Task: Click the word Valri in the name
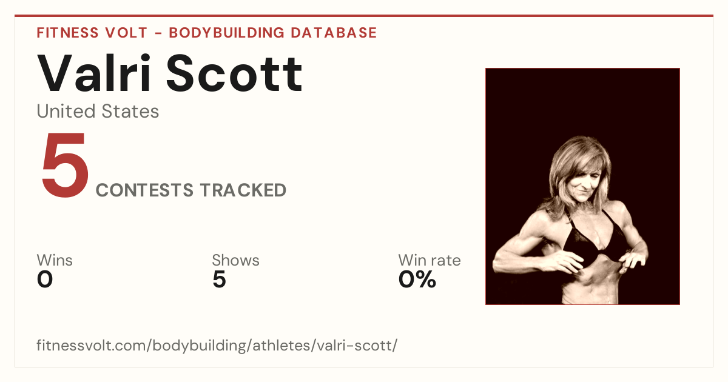tap(94, 73)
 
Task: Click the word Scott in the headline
tap(234, 73)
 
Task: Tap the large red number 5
tap(65, 164)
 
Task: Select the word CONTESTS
tap(144, 190)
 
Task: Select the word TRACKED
tap(243, 190)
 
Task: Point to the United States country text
tap(98, 111)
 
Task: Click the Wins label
tap(55, 260)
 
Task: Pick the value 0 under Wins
tap(45, 280)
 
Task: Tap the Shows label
tap(235, 260)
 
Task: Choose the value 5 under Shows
tap(220, 280)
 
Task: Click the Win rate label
tap(430, 260)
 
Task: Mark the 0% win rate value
tap(417, 280)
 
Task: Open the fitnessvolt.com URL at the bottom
tap(217, 345)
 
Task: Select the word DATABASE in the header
tap(334, 33)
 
